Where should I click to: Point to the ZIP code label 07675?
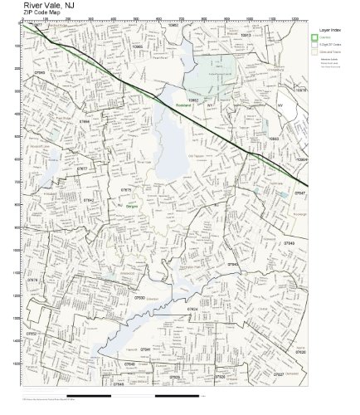(x=125, y=190)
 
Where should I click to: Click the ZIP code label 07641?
(x=144, y=349)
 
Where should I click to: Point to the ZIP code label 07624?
(x=192, y=309)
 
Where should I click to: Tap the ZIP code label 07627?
(x=278, y=374)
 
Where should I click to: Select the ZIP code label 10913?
(x=245, y=36)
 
